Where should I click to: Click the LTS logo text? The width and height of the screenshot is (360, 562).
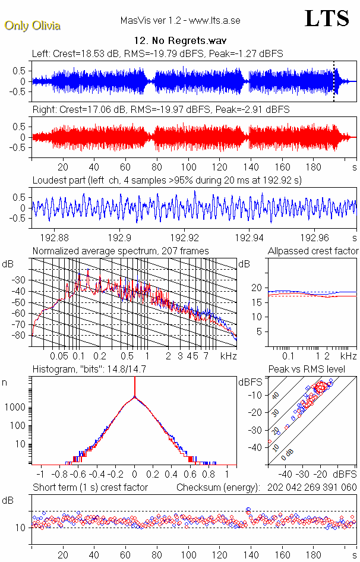pyautogui.click(x=327, y=19)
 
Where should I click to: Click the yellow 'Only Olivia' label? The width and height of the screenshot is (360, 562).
pyautogui.click(x=32, y=26)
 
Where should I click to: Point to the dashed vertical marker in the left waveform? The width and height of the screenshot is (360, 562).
pyautogui.click(x=334, y=81)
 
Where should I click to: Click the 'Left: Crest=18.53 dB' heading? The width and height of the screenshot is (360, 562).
pyautogui.click(x=70, y=53)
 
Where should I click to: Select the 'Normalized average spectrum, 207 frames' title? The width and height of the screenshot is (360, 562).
pyautogui.click(x=121, y=251)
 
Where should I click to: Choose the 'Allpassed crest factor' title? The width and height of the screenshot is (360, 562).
pyautogui.click(x=313, y=251)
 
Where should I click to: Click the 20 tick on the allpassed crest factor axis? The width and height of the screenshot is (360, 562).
pyautogui.click(x=257, y=288)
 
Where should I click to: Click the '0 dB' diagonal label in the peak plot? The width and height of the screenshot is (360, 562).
pyautogui.click(x=288, y=453)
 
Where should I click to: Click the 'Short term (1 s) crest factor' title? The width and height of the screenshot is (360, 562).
pyautogui.click(x=90, y=488)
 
